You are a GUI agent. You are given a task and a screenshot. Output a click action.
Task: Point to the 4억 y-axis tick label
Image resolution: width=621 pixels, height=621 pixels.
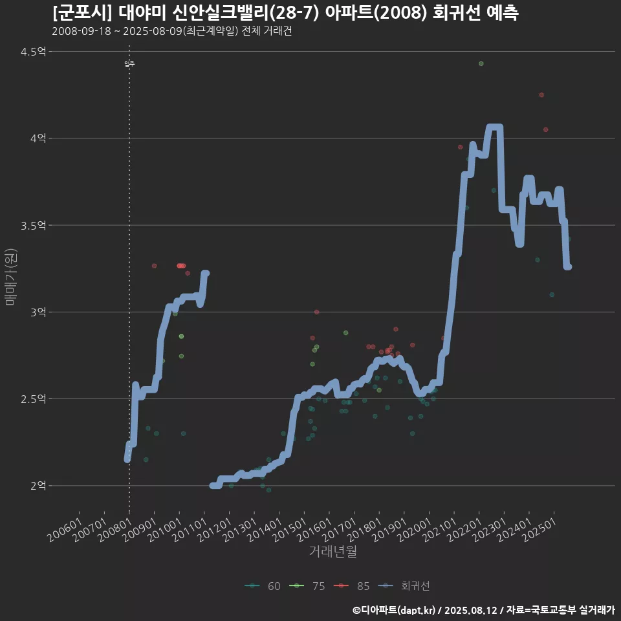click(38, 138)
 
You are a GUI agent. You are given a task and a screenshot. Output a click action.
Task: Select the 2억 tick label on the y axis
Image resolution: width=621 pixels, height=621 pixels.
click(38, 485)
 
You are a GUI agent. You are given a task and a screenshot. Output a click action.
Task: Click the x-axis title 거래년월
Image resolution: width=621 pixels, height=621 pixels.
click(332, 552)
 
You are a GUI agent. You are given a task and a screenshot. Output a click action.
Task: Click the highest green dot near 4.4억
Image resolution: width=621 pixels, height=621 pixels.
click(481, 63)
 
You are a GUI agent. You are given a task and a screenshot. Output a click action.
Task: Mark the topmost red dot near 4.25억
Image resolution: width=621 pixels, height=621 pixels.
click(541, 95)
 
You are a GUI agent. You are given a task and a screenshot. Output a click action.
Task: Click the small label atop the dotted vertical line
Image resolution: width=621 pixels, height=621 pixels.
click(129, 63)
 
